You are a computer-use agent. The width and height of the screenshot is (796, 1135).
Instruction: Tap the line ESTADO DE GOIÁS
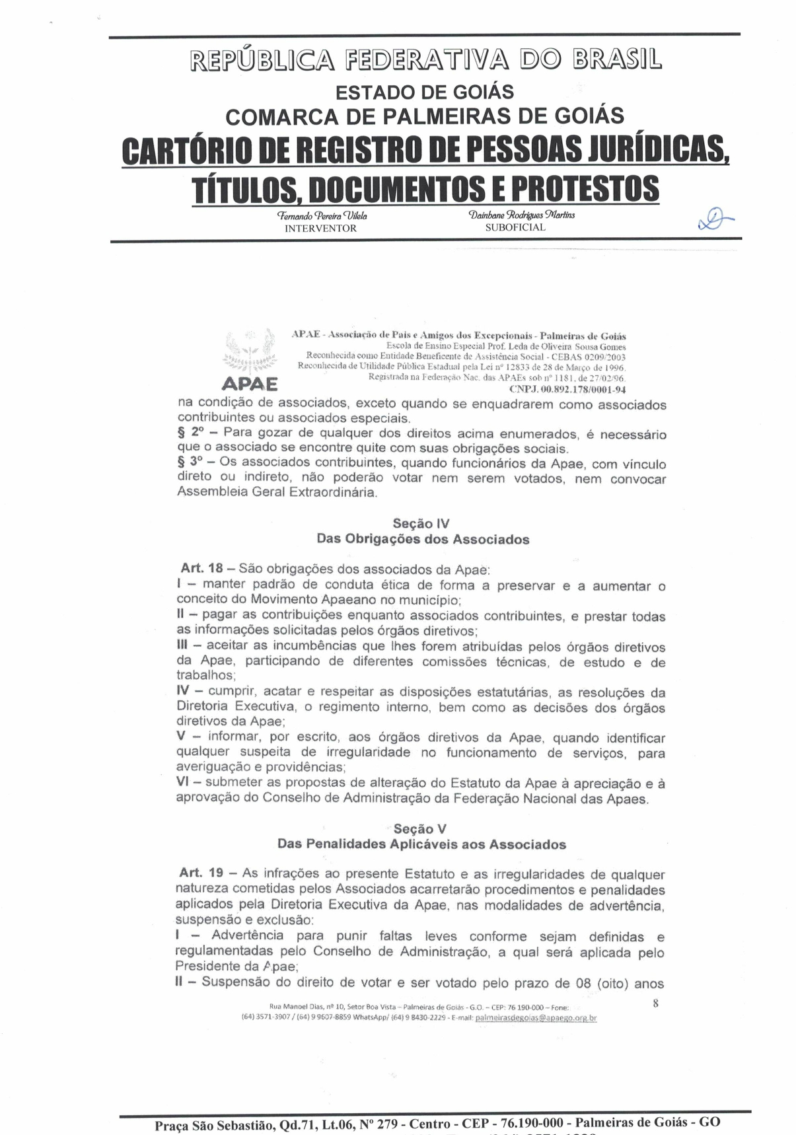[425, 92]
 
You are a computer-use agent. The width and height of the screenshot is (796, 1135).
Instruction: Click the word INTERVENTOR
[320, 229]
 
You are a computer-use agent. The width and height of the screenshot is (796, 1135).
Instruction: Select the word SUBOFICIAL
[515, 227]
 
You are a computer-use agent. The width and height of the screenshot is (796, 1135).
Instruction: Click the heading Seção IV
[421, 524]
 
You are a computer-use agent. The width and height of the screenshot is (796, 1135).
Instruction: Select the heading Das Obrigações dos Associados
[423, 539]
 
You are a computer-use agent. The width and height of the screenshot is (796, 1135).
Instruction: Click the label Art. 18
[201, 568]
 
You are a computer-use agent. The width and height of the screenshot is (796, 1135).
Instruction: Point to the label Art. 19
[201, 873]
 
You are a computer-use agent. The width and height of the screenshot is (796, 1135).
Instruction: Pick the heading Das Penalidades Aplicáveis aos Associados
[421, 844]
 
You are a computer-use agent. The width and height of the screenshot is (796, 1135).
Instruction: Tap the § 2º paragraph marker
[190, 433]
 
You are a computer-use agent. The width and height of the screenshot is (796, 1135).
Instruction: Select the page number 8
[655, 1003]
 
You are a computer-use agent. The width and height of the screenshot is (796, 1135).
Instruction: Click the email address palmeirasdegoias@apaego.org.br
[536, 1018]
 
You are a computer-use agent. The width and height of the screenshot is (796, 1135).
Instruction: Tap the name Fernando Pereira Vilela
[322, 215]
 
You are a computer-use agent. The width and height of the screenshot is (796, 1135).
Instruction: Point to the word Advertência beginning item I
[247, 935]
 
